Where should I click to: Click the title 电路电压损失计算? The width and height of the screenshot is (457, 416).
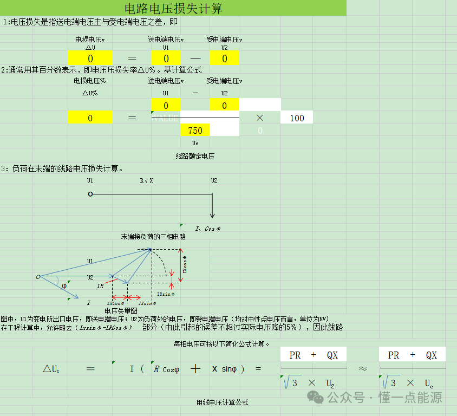173,9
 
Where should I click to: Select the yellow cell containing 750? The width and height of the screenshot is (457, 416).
195,130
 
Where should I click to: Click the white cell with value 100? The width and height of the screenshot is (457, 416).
297,118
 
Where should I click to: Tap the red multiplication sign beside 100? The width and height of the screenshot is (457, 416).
260,118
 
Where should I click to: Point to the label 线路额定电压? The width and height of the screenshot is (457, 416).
195,156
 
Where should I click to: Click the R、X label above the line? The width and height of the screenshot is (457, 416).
146,180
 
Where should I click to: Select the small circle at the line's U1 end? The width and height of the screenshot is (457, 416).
90,194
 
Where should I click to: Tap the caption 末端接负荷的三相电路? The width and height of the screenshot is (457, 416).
153,237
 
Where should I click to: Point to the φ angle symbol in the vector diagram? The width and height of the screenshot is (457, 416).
64,285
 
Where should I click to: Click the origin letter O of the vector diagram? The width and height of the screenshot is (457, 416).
38,277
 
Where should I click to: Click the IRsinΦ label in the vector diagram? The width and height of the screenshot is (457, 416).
166,294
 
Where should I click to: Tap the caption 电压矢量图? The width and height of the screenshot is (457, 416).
121,310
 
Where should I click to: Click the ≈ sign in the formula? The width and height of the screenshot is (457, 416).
363,368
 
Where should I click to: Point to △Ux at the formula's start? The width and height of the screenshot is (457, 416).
51,369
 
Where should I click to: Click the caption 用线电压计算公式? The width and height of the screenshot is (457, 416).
222,402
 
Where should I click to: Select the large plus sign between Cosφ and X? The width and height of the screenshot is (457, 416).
195,368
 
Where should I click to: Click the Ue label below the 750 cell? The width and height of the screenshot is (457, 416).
195,143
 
